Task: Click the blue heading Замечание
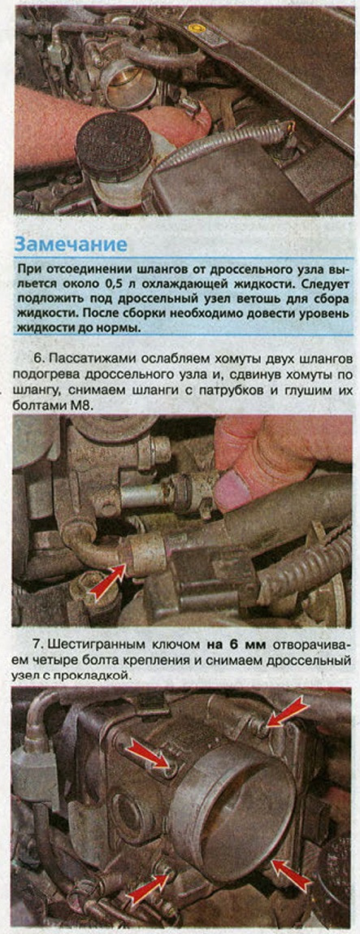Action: click(70, 244)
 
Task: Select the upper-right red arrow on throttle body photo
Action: click(288, 712)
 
